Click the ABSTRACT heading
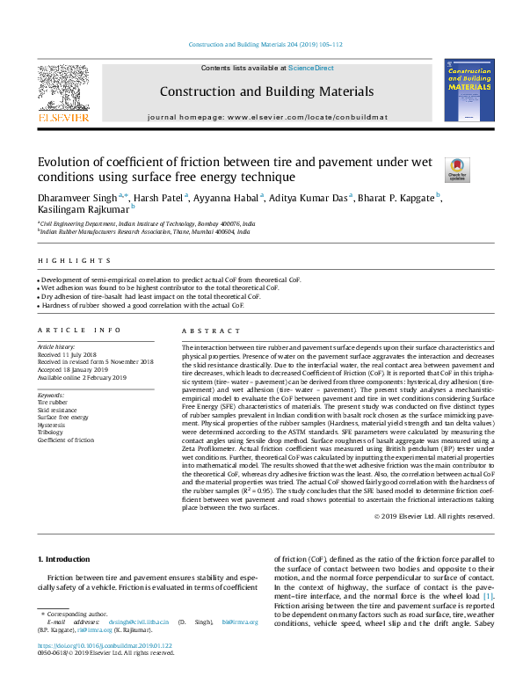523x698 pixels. click(205, 330)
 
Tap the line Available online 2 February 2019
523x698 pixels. click(82, 378)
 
